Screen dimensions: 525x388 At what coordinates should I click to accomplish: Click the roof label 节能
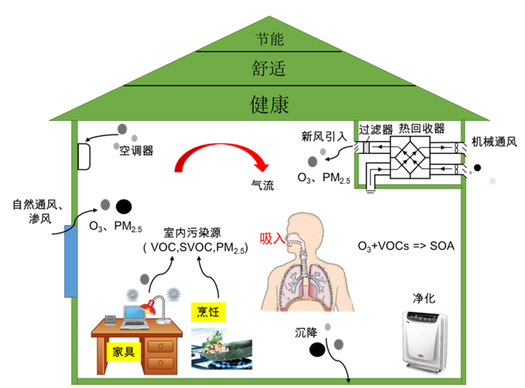click(269, 39)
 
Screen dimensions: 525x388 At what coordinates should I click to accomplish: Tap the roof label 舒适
click(269, 69)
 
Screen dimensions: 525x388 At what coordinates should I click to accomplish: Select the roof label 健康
click(269, 104)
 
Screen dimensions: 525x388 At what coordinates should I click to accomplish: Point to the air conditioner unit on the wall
click(84, 156)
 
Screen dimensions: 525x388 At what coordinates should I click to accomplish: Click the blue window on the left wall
click(71, 261)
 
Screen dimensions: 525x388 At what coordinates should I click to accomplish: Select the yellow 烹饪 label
click(208, 312)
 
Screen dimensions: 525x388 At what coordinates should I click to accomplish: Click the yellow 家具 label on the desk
click(123, 352)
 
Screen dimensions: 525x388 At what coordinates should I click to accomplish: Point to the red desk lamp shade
click(148, 307)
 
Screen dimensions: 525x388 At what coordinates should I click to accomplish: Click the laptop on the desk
click(134, 317)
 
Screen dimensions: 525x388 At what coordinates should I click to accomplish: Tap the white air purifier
click(425, 342)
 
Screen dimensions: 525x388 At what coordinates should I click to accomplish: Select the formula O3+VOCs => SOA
click(406, 247)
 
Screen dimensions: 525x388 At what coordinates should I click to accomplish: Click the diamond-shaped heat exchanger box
click(410, 158)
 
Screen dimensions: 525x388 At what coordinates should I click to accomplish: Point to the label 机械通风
click(494, 141)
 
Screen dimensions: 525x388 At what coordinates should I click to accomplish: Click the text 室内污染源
click(192, 233)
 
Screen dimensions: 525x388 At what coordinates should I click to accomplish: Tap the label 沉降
click(306, 333)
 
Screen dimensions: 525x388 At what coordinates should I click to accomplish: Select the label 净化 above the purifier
click(424, 298)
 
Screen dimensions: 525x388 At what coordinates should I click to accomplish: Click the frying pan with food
click(222, 349)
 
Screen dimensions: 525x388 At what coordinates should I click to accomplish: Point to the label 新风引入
click(324, 137)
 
